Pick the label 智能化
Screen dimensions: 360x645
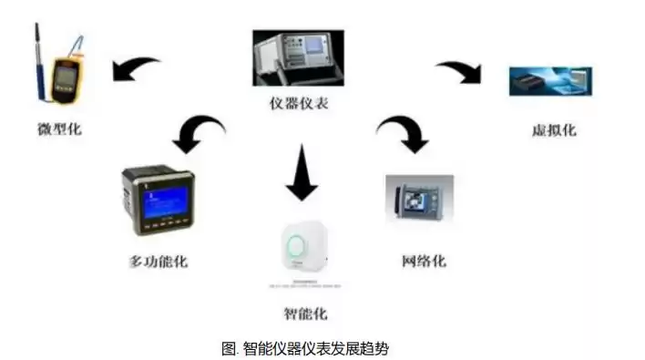tap(304, 314)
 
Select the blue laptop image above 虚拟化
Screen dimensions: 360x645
tap(550, 81)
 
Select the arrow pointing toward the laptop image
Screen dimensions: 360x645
tap(461, 71)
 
